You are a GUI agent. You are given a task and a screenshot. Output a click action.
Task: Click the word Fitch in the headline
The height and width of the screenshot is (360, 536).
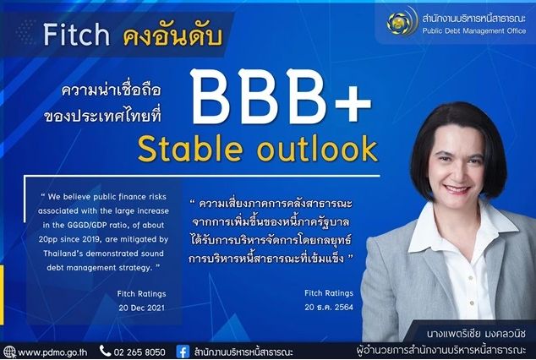point(76,35)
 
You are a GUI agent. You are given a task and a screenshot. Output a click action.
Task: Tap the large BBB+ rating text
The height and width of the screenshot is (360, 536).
point(282,97)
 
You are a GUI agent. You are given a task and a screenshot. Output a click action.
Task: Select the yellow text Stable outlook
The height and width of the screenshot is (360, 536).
point(258,149)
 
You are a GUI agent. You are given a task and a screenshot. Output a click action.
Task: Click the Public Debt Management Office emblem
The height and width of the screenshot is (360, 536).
point(401,22)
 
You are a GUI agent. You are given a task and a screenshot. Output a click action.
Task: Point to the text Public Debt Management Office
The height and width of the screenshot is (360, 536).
point(474,30)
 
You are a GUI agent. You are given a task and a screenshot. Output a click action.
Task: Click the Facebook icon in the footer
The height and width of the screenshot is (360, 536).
point(183,352)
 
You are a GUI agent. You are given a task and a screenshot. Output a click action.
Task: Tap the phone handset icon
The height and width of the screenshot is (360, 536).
point(105,351)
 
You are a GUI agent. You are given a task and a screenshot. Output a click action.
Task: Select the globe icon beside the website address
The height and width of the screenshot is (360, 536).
point(9,352)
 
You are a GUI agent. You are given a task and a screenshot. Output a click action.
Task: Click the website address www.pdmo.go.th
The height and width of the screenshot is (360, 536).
point(52,352)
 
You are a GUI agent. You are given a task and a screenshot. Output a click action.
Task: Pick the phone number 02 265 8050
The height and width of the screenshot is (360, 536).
point(139,352)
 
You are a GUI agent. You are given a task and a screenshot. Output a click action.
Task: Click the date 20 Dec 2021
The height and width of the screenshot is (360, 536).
point(141,308)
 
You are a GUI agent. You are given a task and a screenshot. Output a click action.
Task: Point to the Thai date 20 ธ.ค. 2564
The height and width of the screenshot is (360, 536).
point(329,307)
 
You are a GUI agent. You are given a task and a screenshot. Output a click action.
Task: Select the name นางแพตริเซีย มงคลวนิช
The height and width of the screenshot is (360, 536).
point(476,333)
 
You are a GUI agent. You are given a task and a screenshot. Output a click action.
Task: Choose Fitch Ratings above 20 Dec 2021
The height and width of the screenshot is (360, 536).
point(141,294)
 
